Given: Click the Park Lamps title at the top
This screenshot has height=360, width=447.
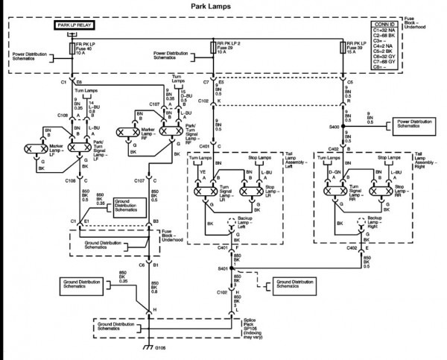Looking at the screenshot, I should pos(223,7).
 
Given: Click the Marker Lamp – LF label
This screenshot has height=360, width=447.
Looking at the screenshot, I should pos(39,153).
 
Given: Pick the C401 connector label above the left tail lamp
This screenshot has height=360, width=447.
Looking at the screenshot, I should pos(205,147).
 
